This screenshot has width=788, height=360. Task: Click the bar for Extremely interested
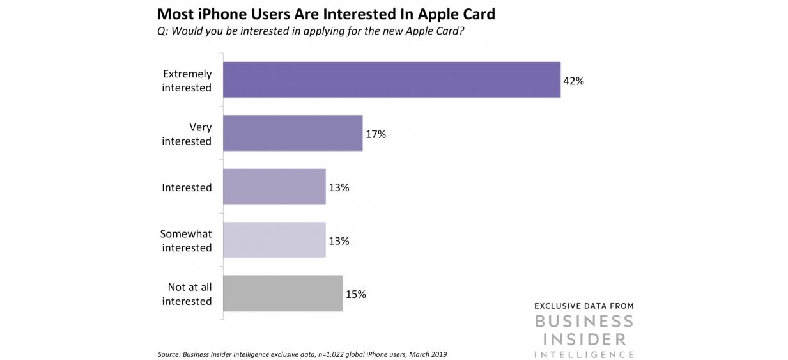[391, 80]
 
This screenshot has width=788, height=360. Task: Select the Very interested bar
[293, 134]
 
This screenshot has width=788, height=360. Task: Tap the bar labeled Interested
[274, 187]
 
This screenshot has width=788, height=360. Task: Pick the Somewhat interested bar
[274, 240]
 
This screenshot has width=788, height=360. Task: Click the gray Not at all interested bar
[282, 293]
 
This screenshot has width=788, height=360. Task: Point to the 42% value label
[573, 81]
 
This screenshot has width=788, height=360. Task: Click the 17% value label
[375, 134]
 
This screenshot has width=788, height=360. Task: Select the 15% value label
[355, 294]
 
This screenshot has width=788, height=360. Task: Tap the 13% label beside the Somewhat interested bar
[338, 241]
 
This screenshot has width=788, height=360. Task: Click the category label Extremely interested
[187, 81]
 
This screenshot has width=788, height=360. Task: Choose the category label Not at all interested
[187, 294]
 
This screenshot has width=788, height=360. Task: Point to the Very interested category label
[187, 134]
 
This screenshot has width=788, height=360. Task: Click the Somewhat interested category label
[186, 241]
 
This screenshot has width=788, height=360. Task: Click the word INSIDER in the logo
[583, 337]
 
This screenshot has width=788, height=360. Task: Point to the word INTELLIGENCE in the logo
[583, 354]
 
